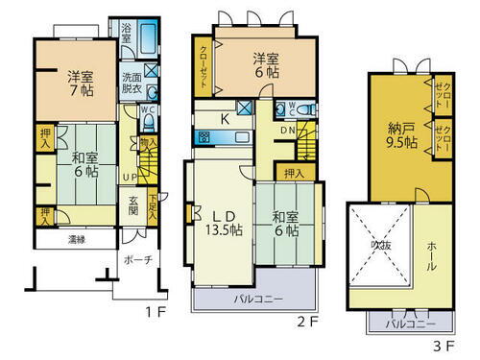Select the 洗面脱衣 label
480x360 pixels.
(132, 84)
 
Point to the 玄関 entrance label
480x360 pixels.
(133, 205)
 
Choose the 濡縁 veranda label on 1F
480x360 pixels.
(80, 237)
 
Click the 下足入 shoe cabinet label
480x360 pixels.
(153, 203)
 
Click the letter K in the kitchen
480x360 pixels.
(225, 120)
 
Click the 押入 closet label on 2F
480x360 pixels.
(296, 173)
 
